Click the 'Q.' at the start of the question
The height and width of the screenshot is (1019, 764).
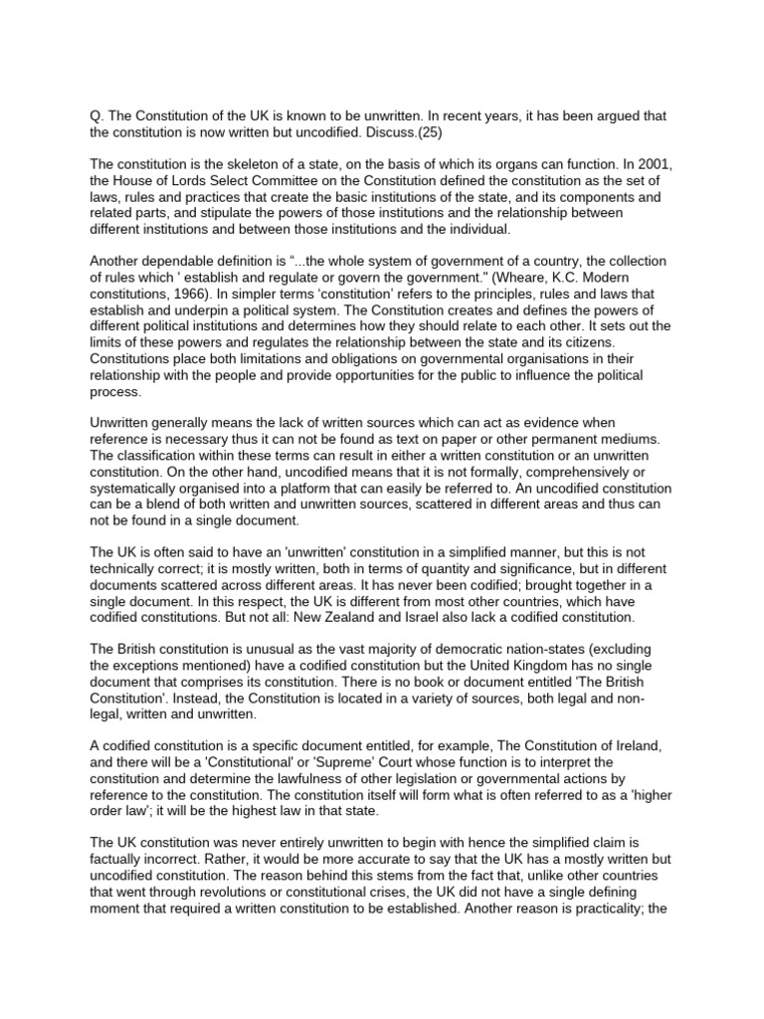tap(96, 116)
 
